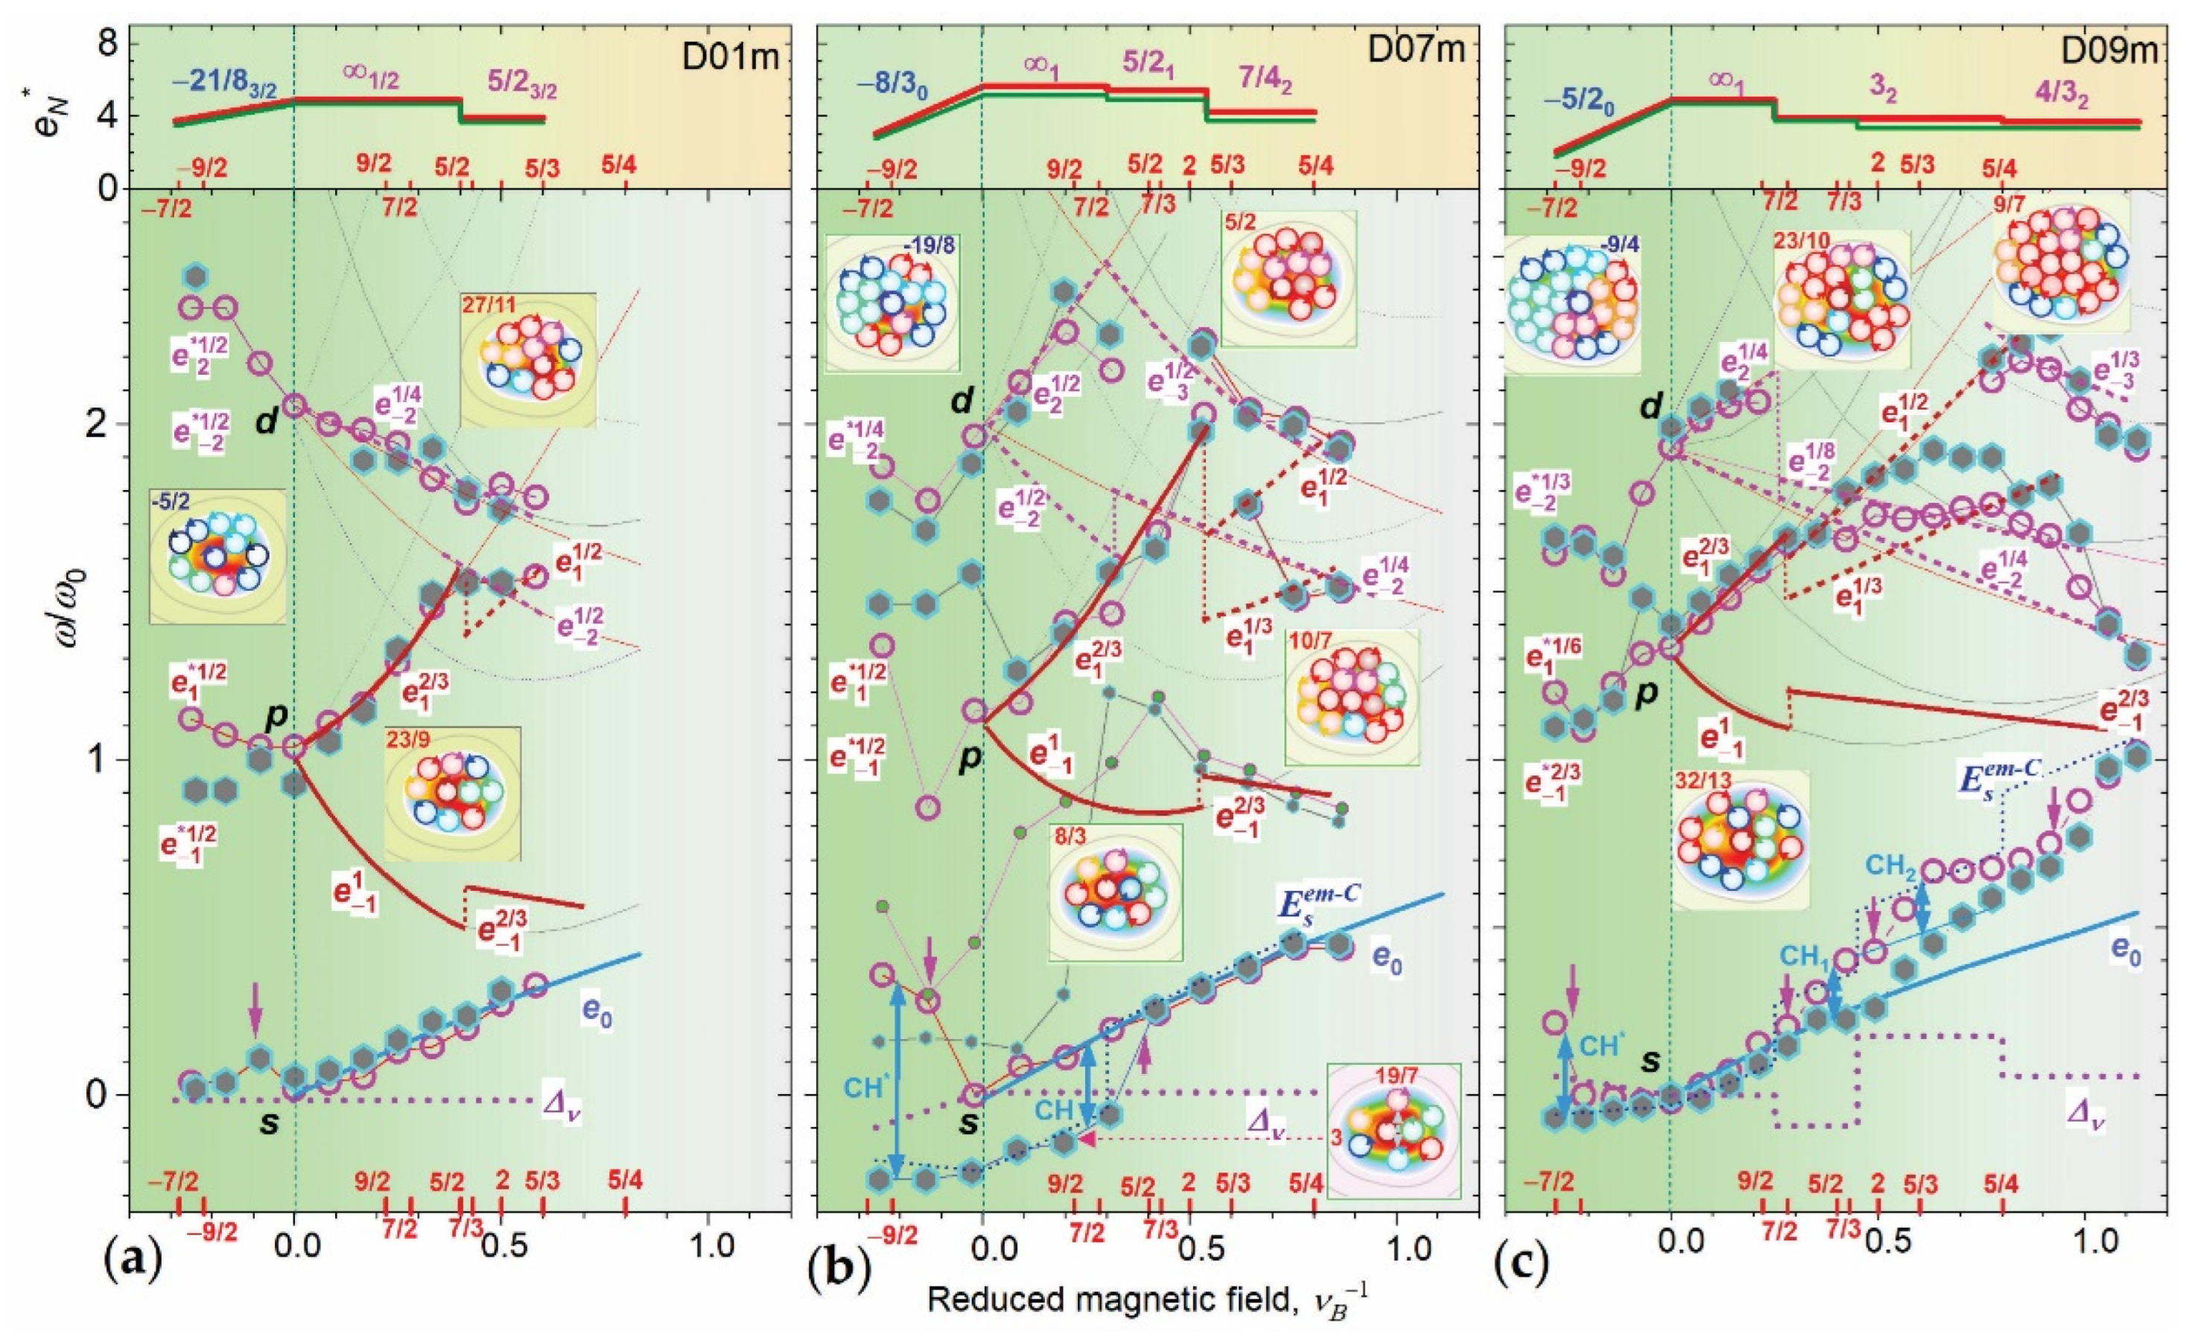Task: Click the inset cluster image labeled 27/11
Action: (x=528, y=360)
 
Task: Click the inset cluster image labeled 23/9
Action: (x=452, y=793)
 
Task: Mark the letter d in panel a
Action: (x=266, y=423)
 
